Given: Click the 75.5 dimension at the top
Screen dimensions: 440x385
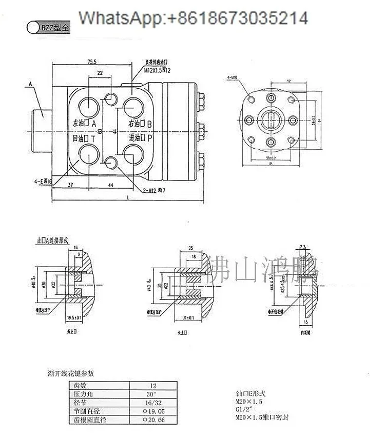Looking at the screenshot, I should click(x=92, y=62).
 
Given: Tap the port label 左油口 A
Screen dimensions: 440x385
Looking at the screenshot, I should click(x=85, y=124).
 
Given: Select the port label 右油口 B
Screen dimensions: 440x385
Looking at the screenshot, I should click(x=140, y=124).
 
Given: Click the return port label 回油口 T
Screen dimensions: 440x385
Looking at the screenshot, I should click(x=85, y=138).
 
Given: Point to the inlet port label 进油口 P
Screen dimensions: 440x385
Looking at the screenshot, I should click(x=140, y=138).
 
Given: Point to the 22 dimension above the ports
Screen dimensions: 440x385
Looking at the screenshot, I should click(x=100, y=74).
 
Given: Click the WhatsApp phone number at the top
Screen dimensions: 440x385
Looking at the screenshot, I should click(x=193, y=18).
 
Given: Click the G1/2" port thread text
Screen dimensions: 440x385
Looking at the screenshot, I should click(x=243, y=410).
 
